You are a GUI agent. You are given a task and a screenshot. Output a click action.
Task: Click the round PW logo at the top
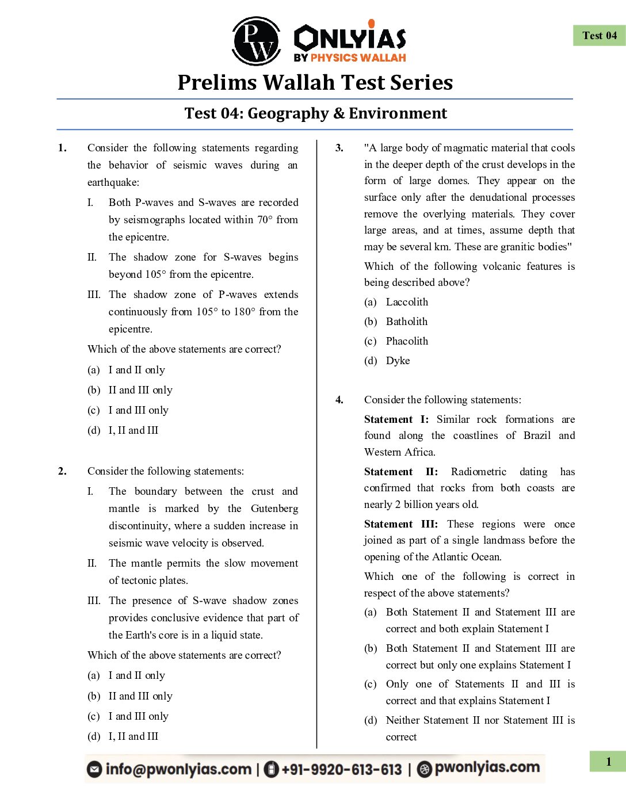click(256, 41)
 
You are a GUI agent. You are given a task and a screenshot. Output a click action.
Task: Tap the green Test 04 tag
click(599, 36)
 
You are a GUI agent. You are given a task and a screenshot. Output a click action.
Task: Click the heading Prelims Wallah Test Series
click(315, 82)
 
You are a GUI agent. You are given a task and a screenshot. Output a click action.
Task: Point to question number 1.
click(62, 148)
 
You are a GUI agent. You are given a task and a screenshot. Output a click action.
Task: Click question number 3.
click(339, 148)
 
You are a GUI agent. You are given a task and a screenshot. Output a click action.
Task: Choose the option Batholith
click(406, 322)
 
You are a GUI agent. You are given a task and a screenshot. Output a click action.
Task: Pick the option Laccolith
click(407, 302)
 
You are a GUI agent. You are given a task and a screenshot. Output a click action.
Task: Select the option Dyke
click(398, 361)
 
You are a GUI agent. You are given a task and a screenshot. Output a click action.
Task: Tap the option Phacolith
click(407, 341)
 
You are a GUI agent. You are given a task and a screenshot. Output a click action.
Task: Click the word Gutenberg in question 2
click(274, 509)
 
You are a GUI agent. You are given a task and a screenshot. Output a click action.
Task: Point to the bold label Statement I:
click(396, 419)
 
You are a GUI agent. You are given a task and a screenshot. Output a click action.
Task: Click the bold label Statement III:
click(400, 524)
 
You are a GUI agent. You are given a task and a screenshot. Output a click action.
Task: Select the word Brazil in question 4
click(537, 435)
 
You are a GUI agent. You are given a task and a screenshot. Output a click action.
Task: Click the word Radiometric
click(478, 472)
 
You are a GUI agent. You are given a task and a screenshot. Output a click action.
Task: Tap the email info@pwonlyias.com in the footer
click(178, 769)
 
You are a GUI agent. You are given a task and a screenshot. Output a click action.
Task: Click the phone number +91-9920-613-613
click(341, 769)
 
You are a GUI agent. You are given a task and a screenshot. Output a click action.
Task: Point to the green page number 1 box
click(608, 762)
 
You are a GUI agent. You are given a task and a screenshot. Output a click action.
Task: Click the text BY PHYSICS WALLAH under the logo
click(349, 58)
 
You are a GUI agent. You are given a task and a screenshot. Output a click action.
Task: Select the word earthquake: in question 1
click(113, 182)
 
